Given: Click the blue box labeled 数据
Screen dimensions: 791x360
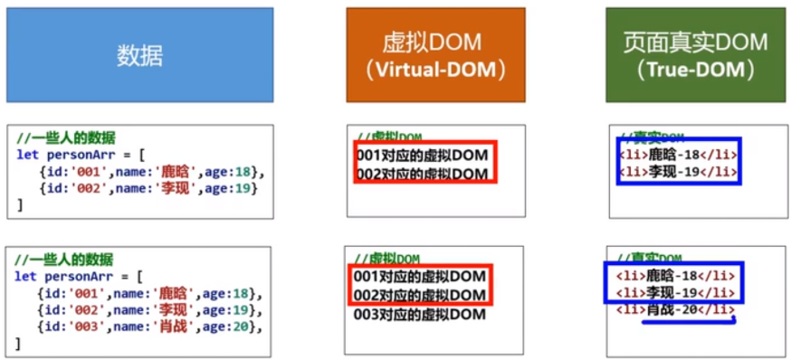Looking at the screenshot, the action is tap(139, 55).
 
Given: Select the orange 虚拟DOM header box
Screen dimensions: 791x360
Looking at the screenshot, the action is tap(435, 54).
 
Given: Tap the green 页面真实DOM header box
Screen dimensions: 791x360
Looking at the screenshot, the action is tap(695, 54).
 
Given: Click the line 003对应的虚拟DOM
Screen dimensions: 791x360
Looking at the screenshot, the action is tap(420, 315).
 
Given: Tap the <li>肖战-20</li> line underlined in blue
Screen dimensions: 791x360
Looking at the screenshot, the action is tap(675, 310).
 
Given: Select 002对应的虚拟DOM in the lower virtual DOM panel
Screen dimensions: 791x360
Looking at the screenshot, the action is tap(421, 296).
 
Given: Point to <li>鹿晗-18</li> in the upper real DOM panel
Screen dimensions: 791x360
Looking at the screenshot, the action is tap(678, 154).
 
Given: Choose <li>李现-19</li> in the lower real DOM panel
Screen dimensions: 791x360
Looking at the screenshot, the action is tap(675, 291).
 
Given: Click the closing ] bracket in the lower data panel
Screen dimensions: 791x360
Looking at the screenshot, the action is tap(20, 344).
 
